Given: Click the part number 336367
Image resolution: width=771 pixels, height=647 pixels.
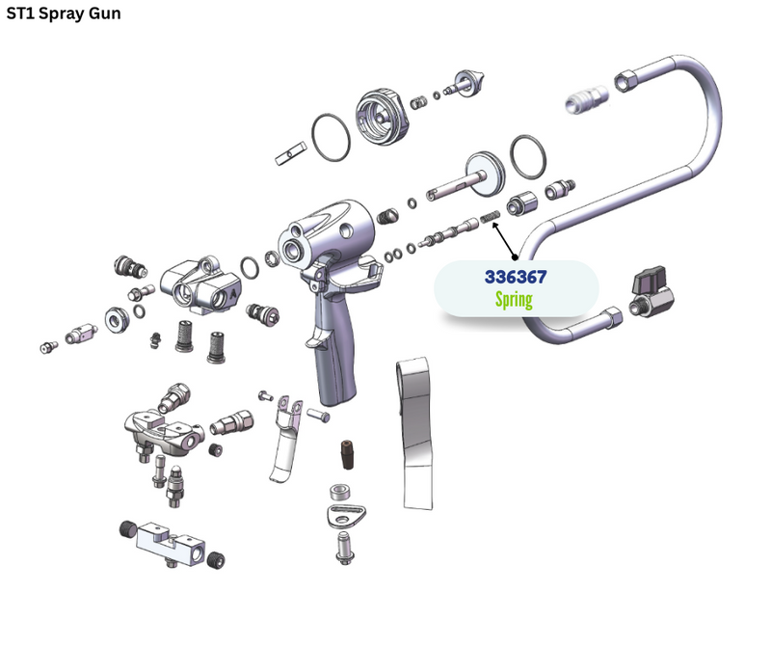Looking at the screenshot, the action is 516,277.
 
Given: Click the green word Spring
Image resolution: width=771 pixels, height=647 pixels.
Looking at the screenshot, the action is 514,299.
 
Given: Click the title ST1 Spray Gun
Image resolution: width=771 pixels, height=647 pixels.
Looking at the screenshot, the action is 64,13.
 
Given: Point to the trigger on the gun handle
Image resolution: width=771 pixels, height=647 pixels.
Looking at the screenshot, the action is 317,338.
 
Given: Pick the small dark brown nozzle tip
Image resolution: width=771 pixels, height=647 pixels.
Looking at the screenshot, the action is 348,454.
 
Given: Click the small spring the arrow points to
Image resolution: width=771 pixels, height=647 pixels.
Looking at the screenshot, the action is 490,216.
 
